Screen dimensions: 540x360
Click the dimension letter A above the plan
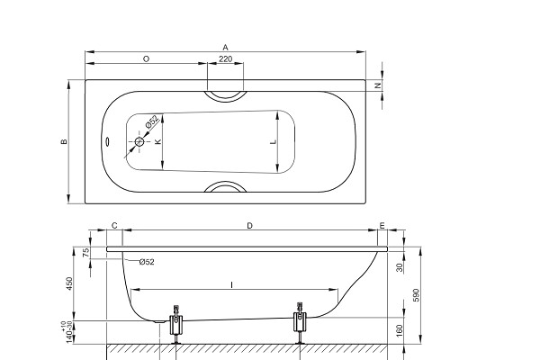pos(225,47)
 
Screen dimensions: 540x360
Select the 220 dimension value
pos(226,58)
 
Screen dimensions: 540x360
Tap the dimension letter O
pos(146,59)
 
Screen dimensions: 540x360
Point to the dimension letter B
pos(64,141)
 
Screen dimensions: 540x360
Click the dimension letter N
pos(378,85)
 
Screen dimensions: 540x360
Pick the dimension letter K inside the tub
pos(158,141)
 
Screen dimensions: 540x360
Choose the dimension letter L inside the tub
pos(273,141)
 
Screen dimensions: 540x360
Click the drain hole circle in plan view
pos(139,141)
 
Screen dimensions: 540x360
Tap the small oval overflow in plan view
pos(107,141)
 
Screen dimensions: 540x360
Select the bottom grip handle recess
pos(226,184)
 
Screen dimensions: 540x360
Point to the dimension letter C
pos(114,226)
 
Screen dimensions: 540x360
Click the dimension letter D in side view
pos(250,226)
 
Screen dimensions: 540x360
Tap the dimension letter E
pos(382,226)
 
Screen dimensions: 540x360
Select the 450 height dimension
pos(69,283)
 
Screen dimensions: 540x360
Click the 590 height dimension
pos(417,295)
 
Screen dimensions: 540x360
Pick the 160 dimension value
pos(400,330)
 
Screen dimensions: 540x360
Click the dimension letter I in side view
pos(232,285)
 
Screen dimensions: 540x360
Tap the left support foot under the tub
pos(176,325)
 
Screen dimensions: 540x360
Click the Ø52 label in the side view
pos(147,262)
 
